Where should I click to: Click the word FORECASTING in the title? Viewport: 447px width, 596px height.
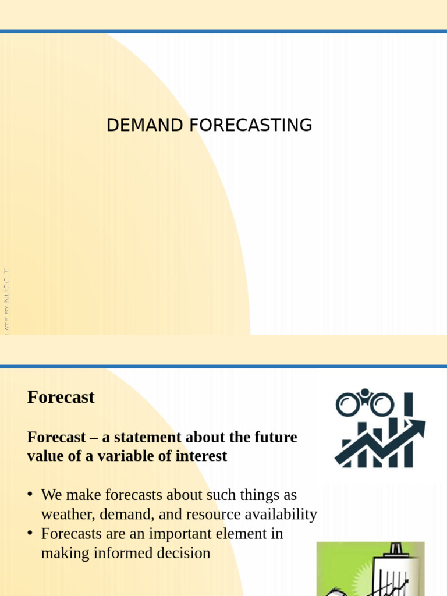[x=251, y=125]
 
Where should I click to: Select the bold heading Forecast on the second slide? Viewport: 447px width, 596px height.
[x=61, y=398]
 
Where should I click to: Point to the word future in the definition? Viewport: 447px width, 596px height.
[x=275, y=437]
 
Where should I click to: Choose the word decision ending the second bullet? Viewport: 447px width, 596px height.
[x=183, y=553]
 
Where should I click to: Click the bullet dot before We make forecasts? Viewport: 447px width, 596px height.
[x=30, y=495]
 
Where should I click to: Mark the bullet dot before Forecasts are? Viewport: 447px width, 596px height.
[x=30, y=534]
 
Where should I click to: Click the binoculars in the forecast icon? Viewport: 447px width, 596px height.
[x=364, y=403]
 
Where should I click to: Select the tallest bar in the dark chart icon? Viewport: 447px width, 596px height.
[x=409, y=430]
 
